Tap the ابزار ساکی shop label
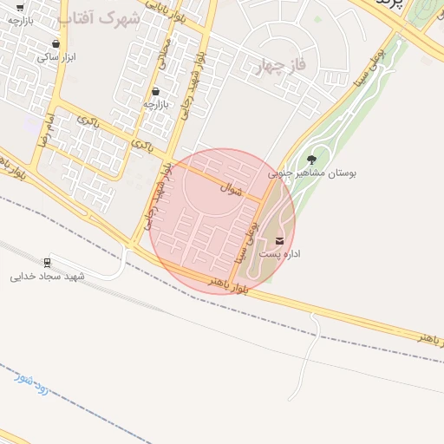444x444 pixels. pyautogui.click(x=55, y=56)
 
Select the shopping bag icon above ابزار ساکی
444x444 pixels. pyautogui.click(x=56, y=42)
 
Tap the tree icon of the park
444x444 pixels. pyautogui.click(x=311, y=159)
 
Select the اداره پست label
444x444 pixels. pyautogui.click(x=280, y=255)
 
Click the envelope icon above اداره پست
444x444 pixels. pyautogui.click(x=279, y=240)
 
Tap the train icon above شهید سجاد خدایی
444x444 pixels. pyautogui.click(x=46, y=262)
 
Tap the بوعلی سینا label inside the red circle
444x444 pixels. pyautogui.click(x=244, y=242)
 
